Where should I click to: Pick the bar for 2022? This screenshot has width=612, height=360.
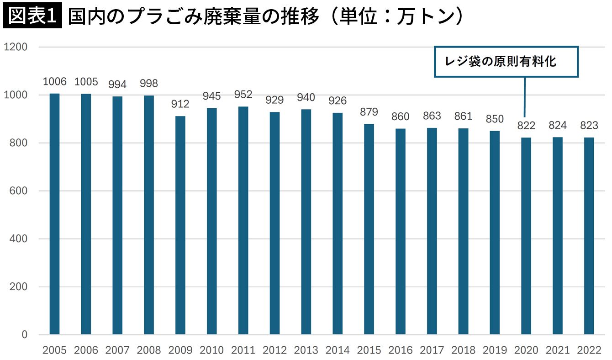(x=589, y=236)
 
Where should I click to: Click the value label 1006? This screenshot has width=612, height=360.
(x=54, y=82)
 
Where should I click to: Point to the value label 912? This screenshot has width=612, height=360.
(x=180, y=104)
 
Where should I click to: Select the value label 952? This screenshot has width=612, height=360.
(x=243, y=95)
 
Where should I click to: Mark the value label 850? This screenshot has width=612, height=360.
(x=495, y=119)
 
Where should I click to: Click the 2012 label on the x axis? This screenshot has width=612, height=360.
(x=274, y=350)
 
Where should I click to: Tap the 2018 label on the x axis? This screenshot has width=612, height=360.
(x=463, y=350)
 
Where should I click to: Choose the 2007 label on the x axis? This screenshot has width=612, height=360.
(x=117, y=350)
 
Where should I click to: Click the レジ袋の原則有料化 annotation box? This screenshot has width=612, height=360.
(x=506, y=61)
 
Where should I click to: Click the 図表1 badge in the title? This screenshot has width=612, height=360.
(x=32, y=16)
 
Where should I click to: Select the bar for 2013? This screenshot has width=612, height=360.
(x=306, y=222)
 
